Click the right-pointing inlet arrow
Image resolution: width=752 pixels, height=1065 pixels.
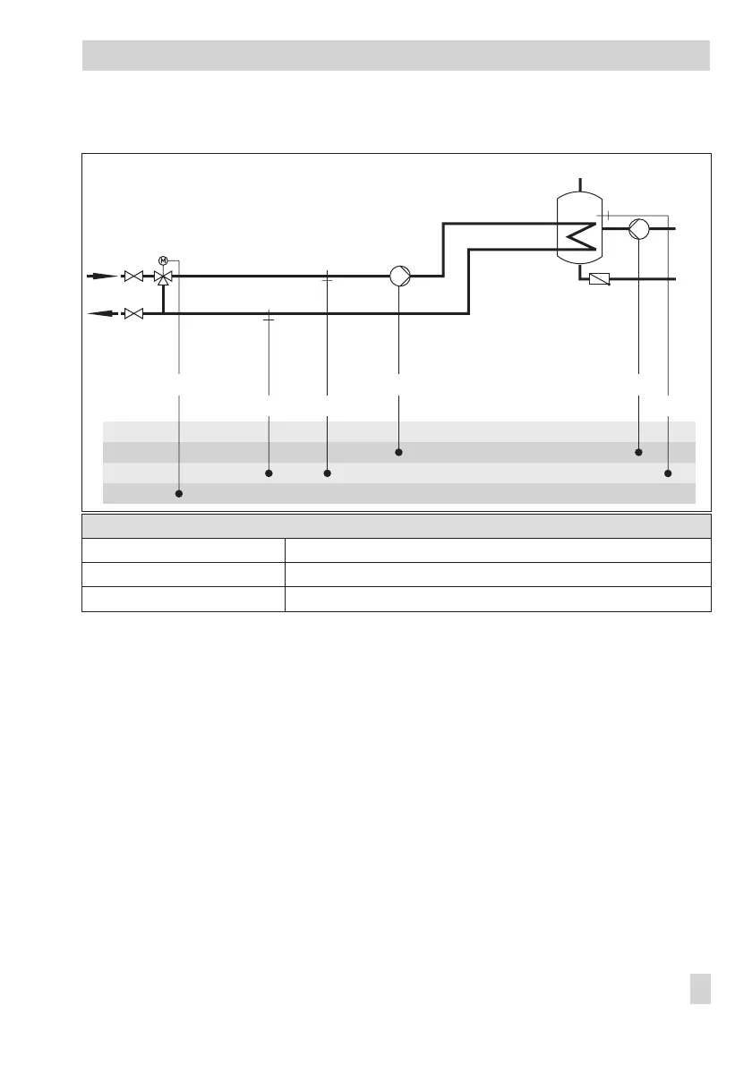coord(101,277)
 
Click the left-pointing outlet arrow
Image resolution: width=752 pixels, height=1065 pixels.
coord(101,313)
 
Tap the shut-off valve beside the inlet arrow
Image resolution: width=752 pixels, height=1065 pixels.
coord(133,277)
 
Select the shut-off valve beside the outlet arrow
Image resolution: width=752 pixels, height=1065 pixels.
coord(133,313)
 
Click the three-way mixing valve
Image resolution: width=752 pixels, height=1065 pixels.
coord(163,277)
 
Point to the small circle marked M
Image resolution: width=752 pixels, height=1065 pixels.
coord(163,260)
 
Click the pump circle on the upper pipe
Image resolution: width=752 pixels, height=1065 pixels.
coord(400,277)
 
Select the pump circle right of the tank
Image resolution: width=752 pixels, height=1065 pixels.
coord(639,229)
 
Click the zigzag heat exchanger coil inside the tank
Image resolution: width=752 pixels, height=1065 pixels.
coord(580,237)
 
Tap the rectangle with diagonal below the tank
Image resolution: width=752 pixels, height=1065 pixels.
coord(599,280)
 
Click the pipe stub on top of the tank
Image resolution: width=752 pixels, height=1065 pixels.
coord(580,186)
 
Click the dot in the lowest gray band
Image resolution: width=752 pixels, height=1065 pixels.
coord(180,494)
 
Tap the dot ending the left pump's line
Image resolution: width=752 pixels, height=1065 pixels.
coord(399,453)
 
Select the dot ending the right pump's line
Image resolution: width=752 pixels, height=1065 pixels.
coord(639,453)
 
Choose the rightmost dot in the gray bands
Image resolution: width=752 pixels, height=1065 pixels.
coord(669,473)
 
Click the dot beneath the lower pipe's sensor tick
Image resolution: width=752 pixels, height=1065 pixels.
coord(269,473)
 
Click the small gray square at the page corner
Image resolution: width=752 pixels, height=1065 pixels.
coord(701,989)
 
